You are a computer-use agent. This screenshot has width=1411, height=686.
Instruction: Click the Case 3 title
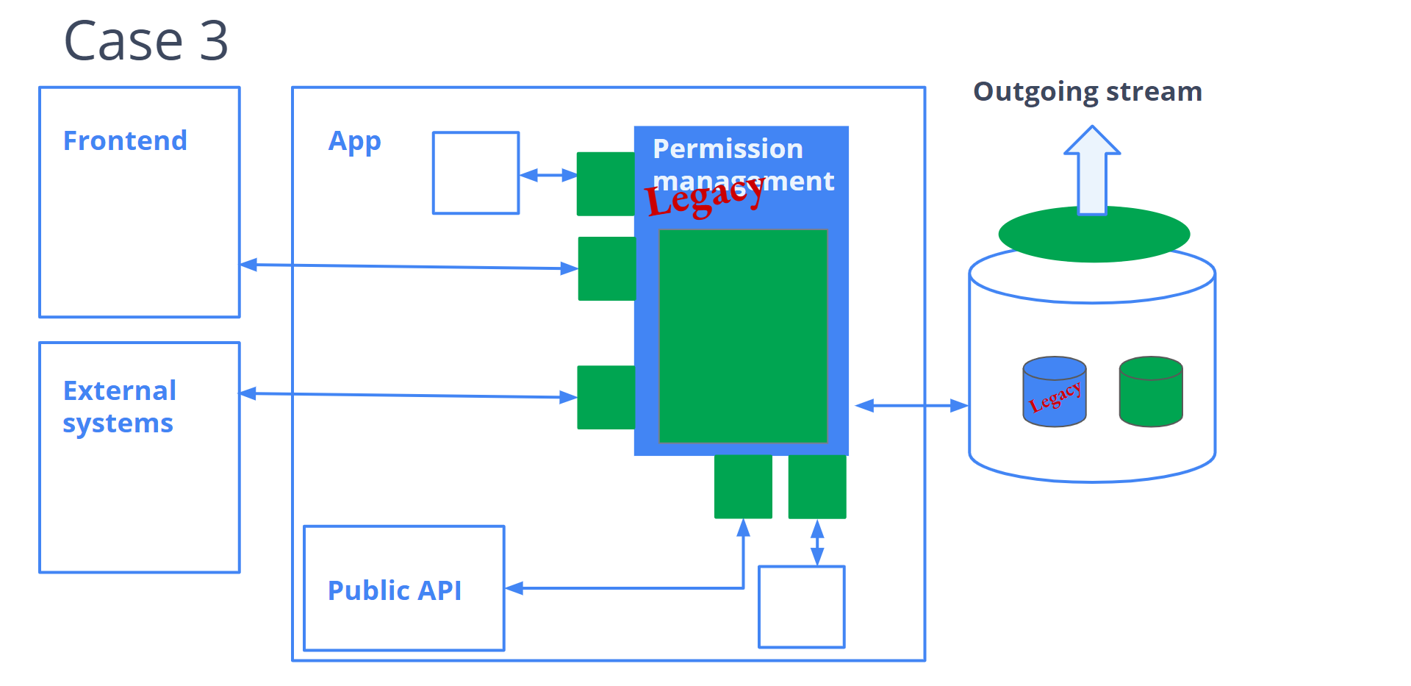pos(146,41)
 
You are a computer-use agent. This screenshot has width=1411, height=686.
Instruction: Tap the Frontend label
pos(125,140)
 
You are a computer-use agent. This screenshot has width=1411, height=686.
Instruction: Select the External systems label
pos(119,407)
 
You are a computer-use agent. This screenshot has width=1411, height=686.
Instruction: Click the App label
pos(354,141)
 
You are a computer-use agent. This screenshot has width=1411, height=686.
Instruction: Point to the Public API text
pos(395,590)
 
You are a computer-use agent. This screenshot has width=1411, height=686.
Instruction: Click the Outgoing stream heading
pos(1087,92)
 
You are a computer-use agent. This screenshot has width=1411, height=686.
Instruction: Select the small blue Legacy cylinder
pos(1055,392)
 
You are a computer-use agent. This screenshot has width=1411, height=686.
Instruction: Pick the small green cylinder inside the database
pos(1151,392)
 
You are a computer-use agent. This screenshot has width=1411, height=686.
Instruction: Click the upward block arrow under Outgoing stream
pos(1092,171)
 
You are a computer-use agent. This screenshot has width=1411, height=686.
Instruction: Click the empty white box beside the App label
pos(475,173)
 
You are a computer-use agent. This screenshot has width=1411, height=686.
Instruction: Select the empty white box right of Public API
pos(801,607)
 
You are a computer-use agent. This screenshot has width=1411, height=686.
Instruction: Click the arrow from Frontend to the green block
pos(409,266)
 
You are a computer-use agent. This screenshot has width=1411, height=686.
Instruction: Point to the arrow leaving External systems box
pos(409,396)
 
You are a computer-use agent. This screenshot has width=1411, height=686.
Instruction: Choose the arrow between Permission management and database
pos(911,405)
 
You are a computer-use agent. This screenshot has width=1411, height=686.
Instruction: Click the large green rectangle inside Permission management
pos(743,336)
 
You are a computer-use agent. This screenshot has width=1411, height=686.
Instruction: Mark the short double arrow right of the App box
pos(548,175)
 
